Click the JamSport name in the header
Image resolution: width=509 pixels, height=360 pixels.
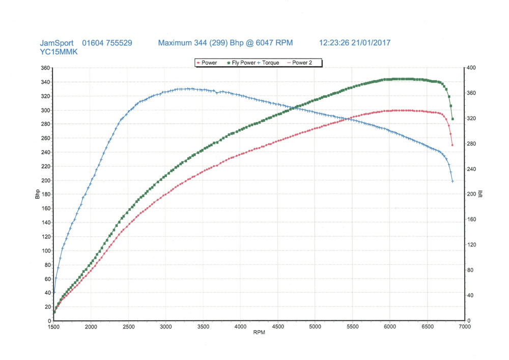pos(56,43)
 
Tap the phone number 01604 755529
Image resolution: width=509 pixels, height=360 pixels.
pos(107,43)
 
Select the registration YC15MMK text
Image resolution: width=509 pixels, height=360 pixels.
pos(59,51)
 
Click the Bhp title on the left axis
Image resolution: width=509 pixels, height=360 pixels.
pos(38,195)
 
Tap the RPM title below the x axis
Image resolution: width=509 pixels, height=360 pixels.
pos(259,334)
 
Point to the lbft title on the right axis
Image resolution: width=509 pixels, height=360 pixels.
pos(480,195)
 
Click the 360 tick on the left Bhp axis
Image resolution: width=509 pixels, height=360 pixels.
pos(45,68)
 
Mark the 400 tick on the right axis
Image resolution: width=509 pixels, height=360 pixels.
pos(471,68)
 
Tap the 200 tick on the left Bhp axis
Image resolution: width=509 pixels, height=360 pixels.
pos(45,181)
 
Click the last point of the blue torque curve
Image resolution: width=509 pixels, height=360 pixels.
pos(453,181)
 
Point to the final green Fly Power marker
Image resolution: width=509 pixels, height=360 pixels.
pos(453,119)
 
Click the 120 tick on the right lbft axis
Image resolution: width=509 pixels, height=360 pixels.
pos(471,245)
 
